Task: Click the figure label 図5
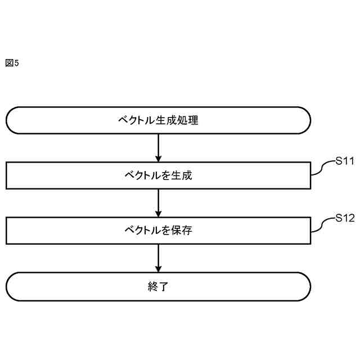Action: click(12, 63)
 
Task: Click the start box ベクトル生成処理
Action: click(158, 120)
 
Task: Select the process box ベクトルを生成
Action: click(158, 175)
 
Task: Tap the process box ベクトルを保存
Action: click(158, 231)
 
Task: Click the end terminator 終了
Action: click(158, 286)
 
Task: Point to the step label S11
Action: click(344, 161)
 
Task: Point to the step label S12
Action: click(344, 217)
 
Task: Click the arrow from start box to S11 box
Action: click(158, 148)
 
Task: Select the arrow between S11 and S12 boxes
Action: click(158, 203)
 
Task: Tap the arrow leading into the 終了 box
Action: click(158, 259)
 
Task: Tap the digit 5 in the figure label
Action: click(16, 63)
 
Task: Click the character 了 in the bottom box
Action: click(164, 286)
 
